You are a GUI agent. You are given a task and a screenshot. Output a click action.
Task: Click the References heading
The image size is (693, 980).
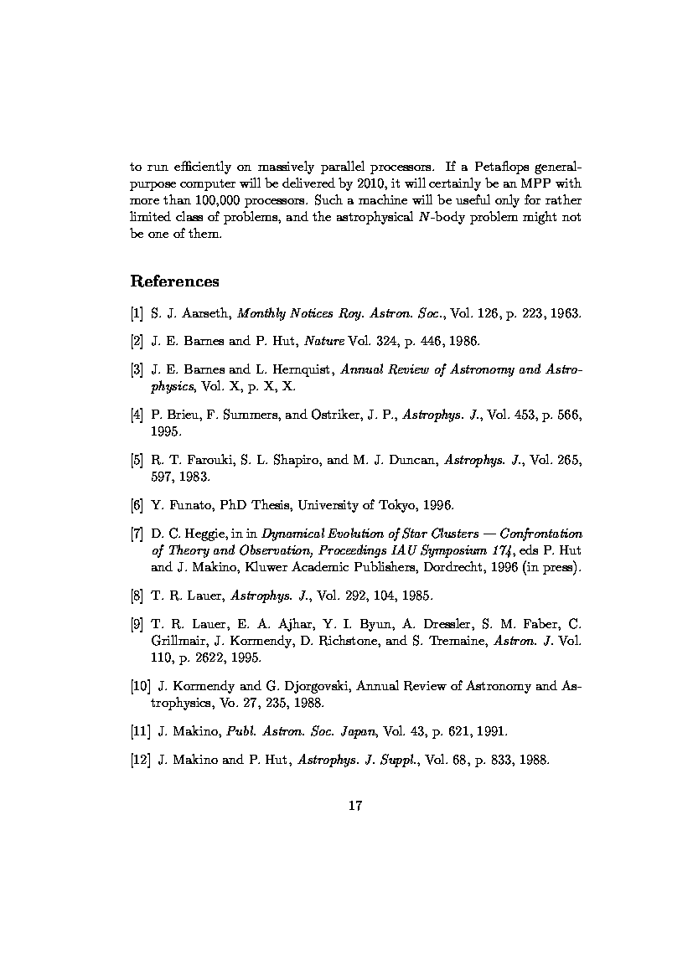[175, 281]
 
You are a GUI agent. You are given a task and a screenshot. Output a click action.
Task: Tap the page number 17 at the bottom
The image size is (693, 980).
[354, 806]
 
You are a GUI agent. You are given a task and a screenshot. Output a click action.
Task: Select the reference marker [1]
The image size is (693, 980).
[137, 314]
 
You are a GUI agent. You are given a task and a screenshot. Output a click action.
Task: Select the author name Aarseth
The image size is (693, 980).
[209, 314]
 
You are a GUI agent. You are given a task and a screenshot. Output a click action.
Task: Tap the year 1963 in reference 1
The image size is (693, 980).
[563, 314]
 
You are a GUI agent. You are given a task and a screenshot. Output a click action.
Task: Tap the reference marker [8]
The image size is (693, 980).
[137, 596]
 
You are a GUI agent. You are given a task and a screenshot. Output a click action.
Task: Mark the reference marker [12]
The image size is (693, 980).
[141, 760]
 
